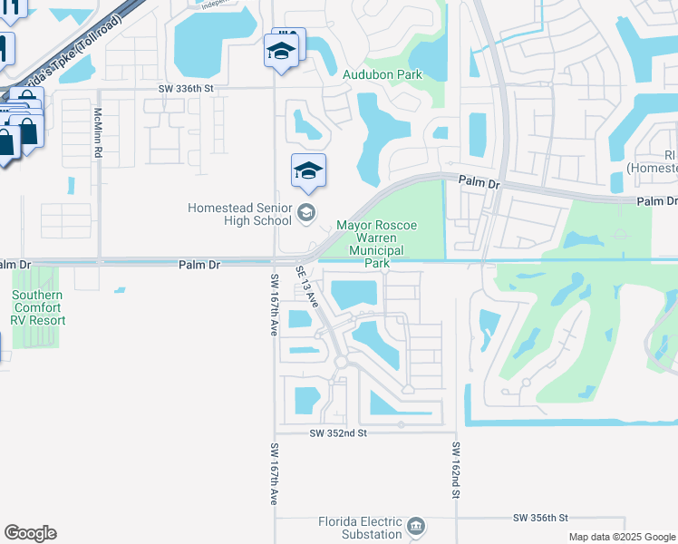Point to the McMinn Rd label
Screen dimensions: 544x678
pyautogui.click(x=98, y=133)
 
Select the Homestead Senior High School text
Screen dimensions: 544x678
pyautogui.click(x=240, y=214)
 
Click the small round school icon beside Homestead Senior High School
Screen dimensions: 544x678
pyautogui.click(x=306, y=214)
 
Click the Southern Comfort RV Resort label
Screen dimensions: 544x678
pyautogui.click(x=38, y=307)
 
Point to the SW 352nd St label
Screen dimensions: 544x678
pyautogui.click(x=337, y=433)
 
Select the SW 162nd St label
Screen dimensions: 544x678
pyautogui.click(x=456, y=470)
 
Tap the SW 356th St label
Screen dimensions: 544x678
pyautogui.click(x=539, y=517)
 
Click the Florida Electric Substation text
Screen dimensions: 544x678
pyautogui.click(x=360, y=528)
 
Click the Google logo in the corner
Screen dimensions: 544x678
pyautogui.click(x=30, y=533)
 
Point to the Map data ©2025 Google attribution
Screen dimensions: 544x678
pyautogui.click(x=621, y=537)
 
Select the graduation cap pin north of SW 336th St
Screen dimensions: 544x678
pyautogui.click(x=281, y=50)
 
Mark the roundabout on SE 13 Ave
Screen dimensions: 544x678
pyautogui.click(x=341, y=362)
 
